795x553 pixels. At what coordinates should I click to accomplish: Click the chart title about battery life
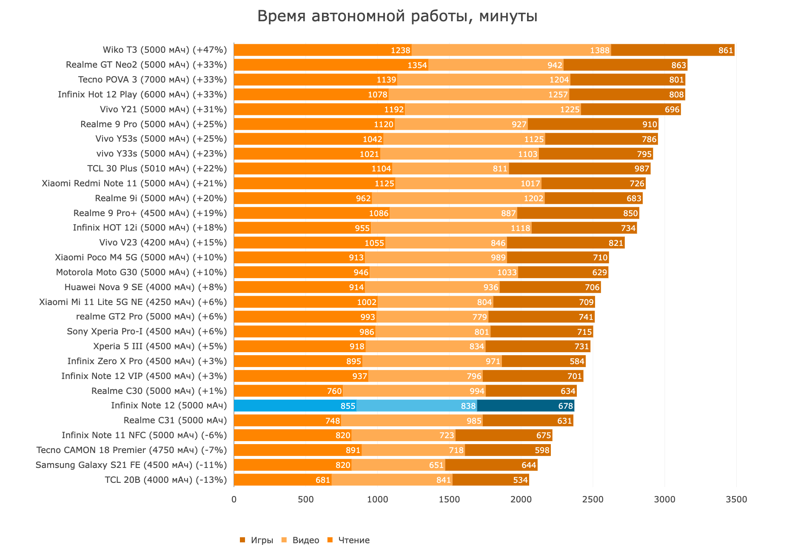click(397, 17)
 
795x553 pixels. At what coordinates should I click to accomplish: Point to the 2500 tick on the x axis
click(593, 499)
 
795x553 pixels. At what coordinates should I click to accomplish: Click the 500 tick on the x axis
click(305, 499)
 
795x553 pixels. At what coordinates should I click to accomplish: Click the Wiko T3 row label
click(165, 50)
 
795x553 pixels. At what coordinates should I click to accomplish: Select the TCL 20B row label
click(166, 480)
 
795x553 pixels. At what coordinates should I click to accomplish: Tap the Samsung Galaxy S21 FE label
click(131, 465)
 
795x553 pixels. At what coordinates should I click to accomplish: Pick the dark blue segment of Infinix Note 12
click(526, 406)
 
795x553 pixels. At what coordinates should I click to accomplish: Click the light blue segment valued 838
click(417, 406)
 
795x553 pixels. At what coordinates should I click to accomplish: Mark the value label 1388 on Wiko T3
click(600, 50)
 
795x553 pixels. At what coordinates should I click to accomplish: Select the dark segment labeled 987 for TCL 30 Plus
click(579, 168)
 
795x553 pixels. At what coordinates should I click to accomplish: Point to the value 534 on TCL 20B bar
click(520, 480)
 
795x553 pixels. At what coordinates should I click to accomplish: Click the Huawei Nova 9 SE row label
click(145, 287)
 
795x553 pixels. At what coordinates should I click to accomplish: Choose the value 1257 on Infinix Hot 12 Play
click(558, 94)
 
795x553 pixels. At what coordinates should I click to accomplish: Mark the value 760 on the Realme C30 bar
click(334, 391)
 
